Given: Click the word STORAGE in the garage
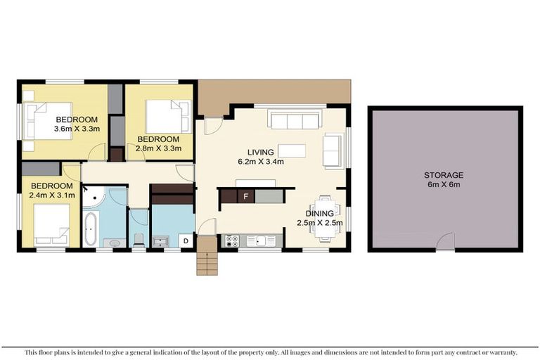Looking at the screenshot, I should coord(444,175).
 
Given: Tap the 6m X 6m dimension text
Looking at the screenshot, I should coord(444,186).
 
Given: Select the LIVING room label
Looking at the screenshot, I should coord(260,153).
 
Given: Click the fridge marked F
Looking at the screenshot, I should coord(245,196).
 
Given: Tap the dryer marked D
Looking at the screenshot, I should coord(186,241).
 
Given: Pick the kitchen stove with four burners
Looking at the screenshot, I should coord(231,241).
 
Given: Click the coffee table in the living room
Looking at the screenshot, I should coord(292,150).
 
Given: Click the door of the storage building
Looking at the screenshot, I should coord(444,243).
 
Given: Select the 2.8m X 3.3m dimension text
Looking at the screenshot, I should coord(159,148).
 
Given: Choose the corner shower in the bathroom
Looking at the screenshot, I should coord(93,198).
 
